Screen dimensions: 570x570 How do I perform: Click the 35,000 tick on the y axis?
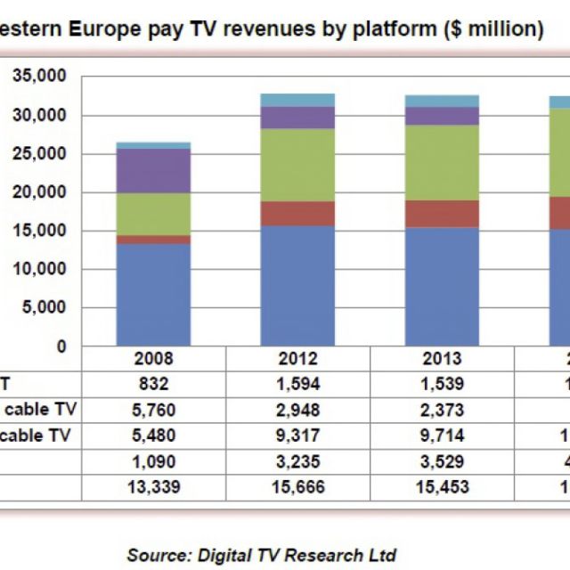click(40, 77)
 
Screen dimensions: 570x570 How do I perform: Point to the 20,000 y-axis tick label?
click(40, 192)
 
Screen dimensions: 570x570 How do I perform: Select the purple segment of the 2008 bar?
click(154, 171)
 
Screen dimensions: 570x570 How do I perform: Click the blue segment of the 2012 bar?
click(297, 285)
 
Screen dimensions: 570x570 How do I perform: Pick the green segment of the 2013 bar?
click(442, 162)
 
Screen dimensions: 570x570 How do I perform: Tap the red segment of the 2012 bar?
click(297, 214)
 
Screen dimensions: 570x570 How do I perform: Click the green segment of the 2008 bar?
click(154, 215)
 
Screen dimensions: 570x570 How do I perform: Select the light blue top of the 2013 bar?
click(442, 101)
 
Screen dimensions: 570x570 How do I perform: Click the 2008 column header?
click(154, 359)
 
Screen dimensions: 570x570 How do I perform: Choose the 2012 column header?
click(297, 359)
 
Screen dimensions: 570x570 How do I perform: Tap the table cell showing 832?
click(154, 385)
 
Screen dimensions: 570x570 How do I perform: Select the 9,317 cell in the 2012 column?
click(297, 436)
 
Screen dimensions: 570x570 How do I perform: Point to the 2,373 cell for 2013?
click(442, 411)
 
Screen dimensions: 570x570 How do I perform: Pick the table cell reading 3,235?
click(297, 462)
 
